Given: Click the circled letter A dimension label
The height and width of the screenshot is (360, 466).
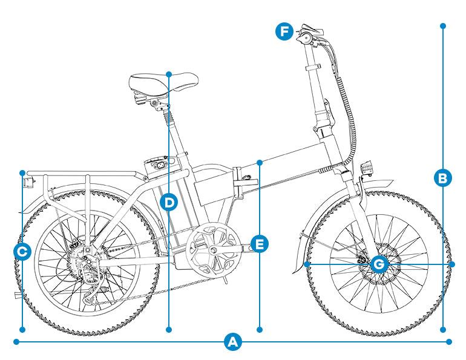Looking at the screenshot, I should pyautogui.click(x=232, y=342).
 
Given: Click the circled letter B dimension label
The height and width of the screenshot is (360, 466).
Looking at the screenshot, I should pyautogui.click(x=443, y=178).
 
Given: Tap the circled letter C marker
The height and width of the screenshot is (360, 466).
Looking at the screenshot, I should pyautogui.click(x=22, y=251).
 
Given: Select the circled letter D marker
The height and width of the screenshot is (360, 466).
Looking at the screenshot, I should pyautogui.click(x=169, y=202).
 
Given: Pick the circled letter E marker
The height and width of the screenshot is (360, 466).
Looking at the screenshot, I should pyautogui.click(x=259, y=244).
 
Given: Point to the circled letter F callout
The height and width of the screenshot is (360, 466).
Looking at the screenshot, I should pyautogui.click(x=284, y=31).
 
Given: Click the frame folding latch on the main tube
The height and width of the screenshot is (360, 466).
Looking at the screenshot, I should pyautogui.click(x=241, y=181).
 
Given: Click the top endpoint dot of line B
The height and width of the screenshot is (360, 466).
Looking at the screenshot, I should pyautogui.click(x=443, y=26).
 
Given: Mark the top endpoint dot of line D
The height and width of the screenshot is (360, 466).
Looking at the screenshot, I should pyautogui.click(x=169, y=74).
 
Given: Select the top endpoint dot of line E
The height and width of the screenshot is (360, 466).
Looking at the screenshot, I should pyautogui.click(x=259, y=162).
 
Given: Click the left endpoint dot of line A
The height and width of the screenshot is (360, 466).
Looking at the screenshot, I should pyautogui.click(x=16, y=342).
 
